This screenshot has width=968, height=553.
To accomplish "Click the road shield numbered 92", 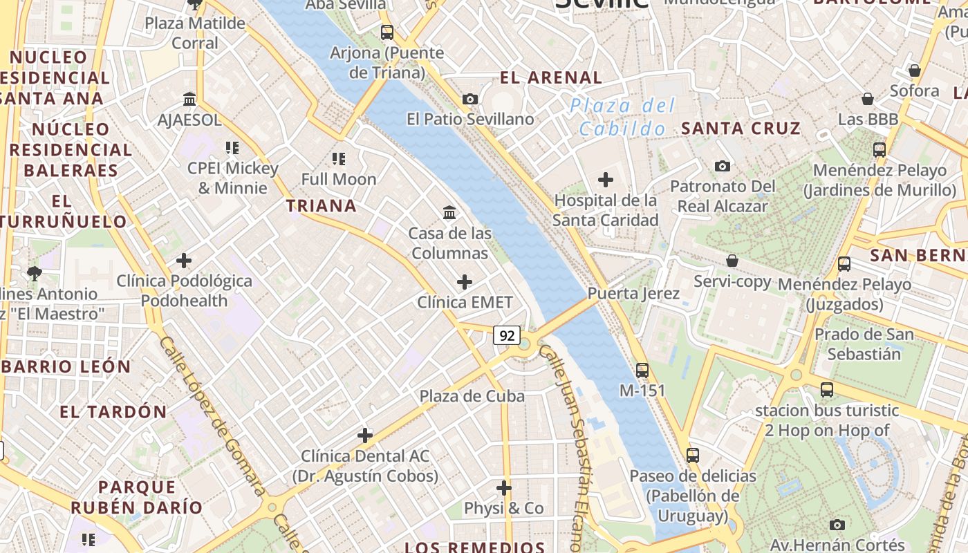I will (x=507, y=336).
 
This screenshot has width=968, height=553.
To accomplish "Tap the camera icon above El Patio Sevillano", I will (x=470, y=99).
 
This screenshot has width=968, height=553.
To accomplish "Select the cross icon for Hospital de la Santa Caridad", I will (x=606, y=180).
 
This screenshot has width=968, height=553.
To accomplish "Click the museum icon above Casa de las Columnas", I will (x=449, y=212).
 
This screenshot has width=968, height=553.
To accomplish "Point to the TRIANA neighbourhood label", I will (x=322, y=205).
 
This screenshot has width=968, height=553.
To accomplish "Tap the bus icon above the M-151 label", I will (x=642, y=370).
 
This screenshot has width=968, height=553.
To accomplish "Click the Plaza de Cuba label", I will (x=472, y=396).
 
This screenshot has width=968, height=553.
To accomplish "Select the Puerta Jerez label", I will (x=633, y=293).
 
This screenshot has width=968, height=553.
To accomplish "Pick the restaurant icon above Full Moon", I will (x=339, y=159).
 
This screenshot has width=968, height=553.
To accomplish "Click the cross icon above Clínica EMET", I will (x=465, y=282).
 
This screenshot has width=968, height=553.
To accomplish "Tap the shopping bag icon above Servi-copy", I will (x=732, y=261).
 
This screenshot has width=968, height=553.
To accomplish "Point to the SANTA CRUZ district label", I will (x=741, y=128).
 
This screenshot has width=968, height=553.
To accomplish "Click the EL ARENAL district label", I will (x=551, y=77).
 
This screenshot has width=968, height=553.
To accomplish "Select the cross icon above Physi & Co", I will (x=504, y=488).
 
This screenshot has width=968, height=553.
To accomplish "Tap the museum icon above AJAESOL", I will (x=189, y=100).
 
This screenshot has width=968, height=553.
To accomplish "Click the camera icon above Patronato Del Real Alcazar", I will (x=723, y=166).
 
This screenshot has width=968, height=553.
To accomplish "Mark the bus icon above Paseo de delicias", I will (x=693, y=456).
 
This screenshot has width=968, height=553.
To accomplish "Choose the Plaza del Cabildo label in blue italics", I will (x=622, y=117).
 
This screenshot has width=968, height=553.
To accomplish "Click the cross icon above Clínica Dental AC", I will (x=365, y=435).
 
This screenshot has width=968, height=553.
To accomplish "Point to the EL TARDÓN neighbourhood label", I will (x=113, y=412).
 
